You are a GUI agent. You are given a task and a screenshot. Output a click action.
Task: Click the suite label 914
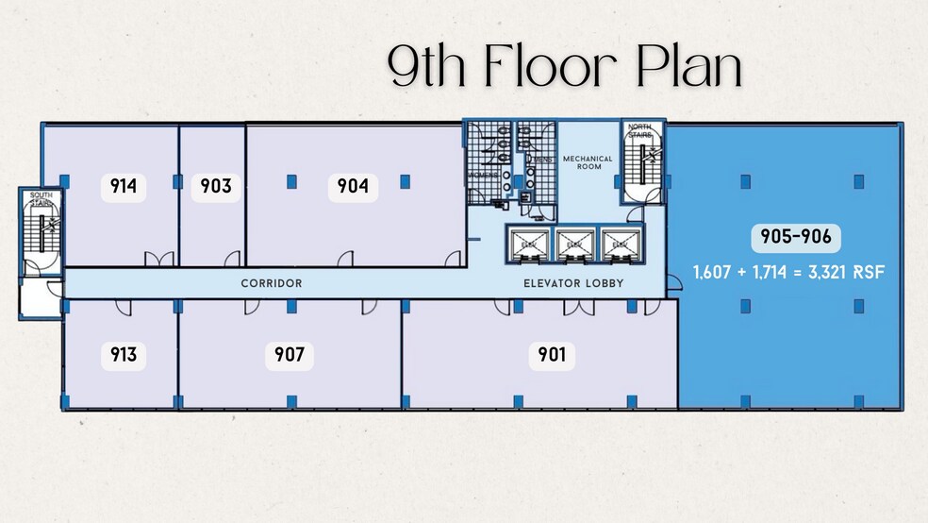(124, 187)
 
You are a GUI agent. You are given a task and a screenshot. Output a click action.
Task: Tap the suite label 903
(216, 187)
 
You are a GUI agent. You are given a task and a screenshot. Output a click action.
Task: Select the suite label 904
(353, 187)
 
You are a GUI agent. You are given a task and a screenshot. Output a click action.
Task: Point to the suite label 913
(124, 355)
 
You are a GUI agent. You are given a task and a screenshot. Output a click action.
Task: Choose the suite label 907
(289, 355)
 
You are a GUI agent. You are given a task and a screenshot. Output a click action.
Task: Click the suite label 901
(552, 355)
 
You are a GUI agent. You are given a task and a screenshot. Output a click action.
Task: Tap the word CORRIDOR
(271, 283)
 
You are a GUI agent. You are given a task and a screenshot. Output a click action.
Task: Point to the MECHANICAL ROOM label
(588, 163)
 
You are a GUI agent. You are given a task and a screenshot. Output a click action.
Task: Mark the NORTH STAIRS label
(639, 130)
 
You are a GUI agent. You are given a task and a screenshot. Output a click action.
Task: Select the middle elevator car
(573, 244)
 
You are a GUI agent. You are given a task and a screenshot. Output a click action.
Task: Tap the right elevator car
(619, 244)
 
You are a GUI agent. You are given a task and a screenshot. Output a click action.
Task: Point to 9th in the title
(429, 69)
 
